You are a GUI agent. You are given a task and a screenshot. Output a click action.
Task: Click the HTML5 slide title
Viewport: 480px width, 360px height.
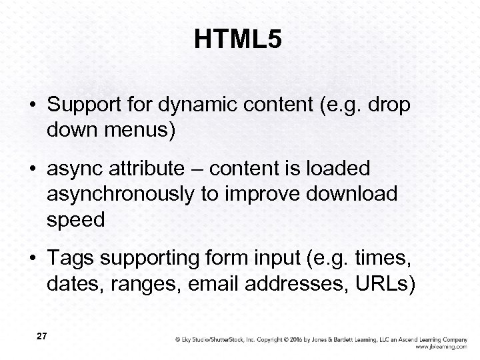239,41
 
